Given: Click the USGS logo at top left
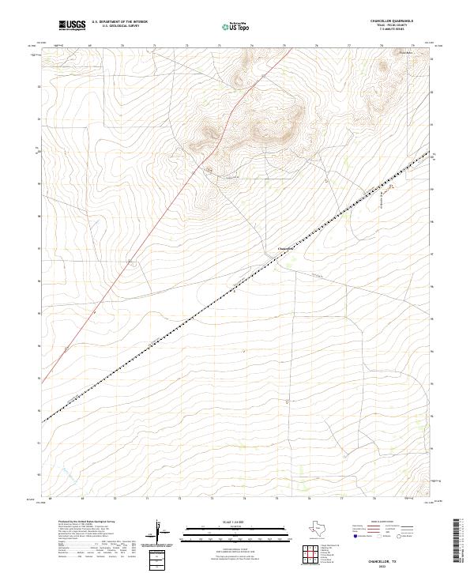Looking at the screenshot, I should [x=72, y=25].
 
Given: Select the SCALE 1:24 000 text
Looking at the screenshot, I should [x=236, y=522].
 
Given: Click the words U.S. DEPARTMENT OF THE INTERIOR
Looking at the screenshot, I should [x=119, y=22].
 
